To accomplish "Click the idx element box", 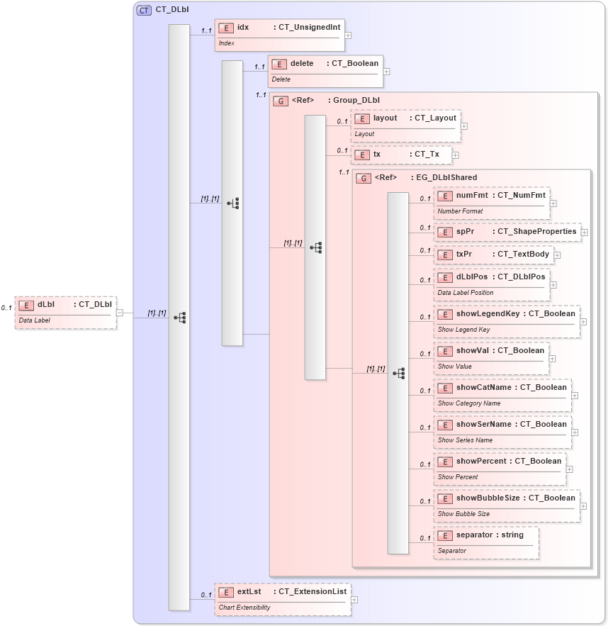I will pyautogui.click(x=279, y=35).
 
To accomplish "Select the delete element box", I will pyautogui.click(x=325, y=70).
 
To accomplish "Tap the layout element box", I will pyautogui.click(x=405, y=125).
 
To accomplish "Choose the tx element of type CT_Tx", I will pyautogui.click(x=400, y=155).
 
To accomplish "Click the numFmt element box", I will pyautogui.click(x=492, y=202).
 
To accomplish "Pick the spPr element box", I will pyautogui.click(x=507, y=232).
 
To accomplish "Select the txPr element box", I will pyautogui.click(x=493, y=255).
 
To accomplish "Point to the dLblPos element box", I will pyautogui.click(x=492, y=284).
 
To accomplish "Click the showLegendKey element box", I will pyautogui.click(x=507, y=320).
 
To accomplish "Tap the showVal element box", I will pyautogui.click(x=491, y=357).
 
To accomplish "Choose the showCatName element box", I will pyautogui.click(x=502, y=394).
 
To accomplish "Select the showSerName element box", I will pyautogui.click(x=502, y=431).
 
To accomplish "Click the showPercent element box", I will pyautogui.click(x=500, y=468).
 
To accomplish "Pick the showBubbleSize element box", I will pyautogui.click(x=507, y=505).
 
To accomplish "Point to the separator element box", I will pyautogui.click(x=486, y=542).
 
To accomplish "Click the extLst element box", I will pyautogui.click(x=282, y=598).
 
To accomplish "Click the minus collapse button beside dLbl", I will pyautogui.click(x=120, y=313).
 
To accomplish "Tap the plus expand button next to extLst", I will pyautogui.click(x=354, y=599).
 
